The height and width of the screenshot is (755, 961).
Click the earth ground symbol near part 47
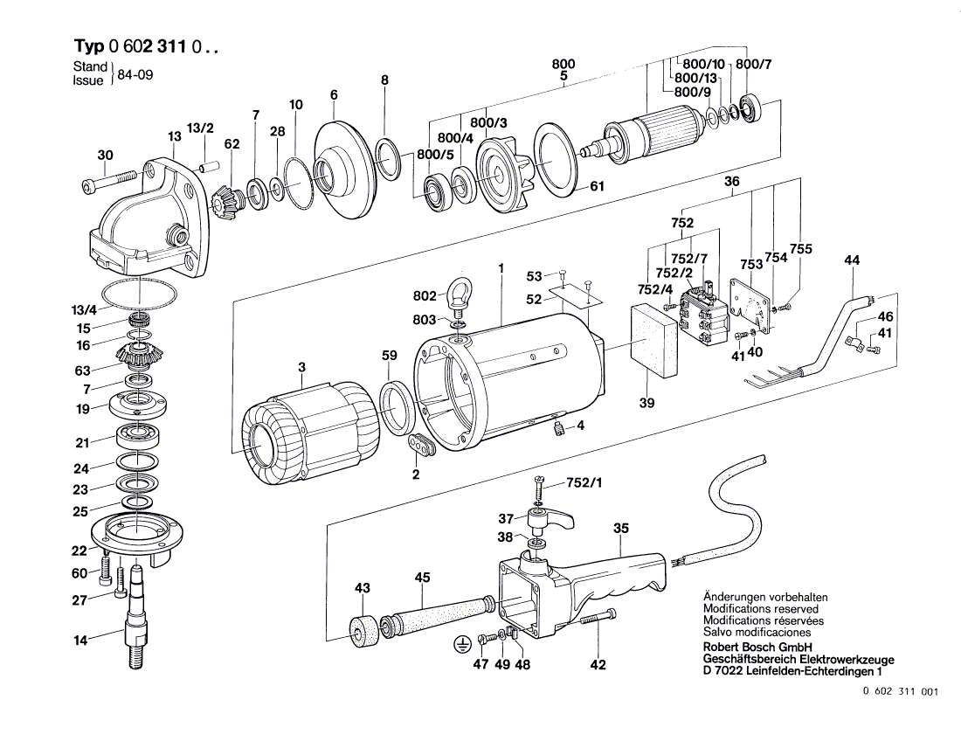(460, 644)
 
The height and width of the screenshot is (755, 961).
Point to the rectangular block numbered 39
(654, 340)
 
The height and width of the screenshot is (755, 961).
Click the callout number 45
(422, 578)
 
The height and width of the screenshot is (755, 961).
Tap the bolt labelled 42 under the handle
(598, 617)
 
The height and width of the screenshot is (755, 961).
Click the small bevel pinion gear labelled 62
(225, 202)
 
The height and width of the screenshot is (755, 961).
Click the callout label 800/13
(695, 78)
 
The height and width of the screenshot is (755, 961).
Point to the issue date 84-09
(135, 75)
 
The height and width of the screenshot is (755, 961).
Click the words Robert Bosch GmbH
(757, 648)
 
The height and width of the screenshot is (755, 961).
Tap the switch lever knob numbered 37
(550, 521)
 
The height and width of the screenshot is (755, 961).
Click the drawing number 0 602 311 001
(901, 691)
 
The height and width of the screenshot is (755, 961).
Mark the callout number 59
(389, 356)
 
